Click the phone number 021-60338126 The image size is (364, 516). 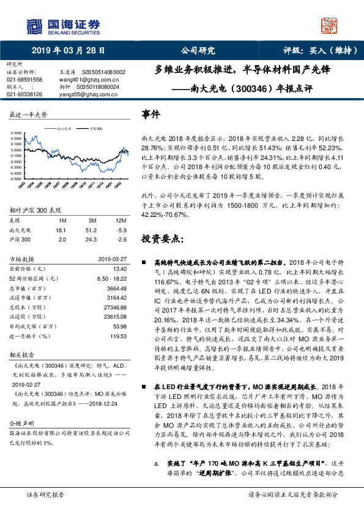tap(24, 94)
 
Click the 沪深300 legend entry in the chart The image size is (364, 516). tap(95, 129)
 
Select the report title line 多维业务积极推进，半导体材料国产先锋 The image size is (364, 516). tap(243, 70)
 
